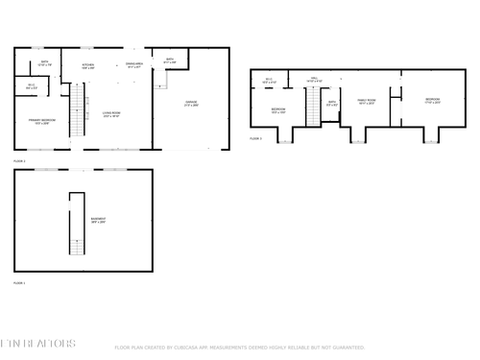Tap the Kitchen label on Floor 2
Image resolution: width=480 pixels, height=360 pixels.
87,66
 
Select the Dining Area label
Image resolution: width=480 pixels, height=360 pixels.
133,66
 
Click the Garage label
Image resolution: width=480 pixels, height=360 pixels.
191,104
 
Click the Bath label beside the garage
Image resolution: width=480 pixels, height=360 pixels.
169,60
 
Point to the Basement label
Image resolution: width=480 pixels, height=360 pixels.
98,220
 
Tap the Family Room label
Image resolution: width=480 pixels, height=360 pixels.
365,101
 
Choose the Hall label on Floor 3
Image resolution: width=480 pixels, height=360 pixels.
313,81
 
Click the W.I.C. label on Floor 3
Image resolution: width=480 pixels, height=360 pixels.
270,81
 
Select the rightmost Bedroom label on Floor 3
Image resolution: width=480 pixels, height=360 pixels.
432,100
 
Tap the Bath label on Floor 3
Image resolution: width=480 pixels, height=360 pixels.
331,103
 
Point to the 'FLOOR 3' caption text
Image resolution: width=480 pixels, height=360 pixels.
255,139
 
